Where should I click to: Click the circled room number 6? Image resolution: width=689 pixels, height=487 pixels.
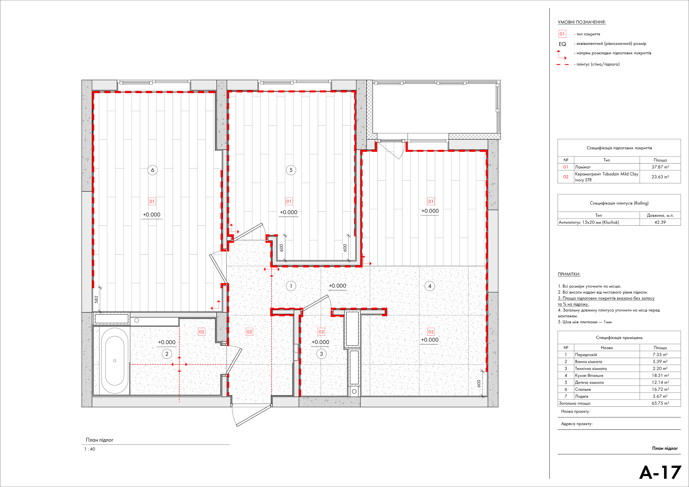tap(152, 170)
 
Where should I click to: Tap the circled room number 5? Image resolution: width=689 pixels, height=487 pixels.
tap(291, 170)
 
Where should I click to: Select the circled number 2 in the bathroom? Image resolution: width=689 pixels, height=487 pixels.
tap(167, 354)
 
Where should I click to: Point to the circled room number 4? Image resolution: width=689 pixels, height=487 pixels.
tap(430, 286)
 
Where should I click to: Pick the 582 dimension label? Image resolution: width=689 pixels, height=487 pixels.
tap(96, 299)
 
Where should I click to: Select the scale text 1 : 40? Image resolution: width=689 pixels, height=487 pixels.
tap(90, 449)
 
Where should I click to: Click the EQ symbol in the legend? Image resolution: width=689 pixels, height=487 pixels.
tap(562, 44)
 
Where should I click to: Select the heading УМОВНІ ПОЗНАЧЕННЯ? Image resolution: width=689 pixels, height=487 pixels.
tap(582, 22)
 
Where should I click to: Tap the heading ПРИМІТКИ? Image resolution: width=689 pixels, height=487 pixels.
tap(569, 274)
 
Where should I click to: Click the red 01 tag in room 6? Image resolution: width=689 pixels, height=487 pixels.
tap(152, 201)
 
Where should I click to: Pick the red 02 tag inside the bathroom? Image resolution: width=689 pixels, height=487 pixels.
tap(201, 332)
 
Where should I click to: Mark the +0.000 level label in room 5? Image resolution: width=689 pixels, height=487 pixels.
tap(288, 212)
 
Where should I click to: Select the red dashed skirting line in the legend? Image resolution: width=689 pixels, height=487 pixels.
tap(563, 65)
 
